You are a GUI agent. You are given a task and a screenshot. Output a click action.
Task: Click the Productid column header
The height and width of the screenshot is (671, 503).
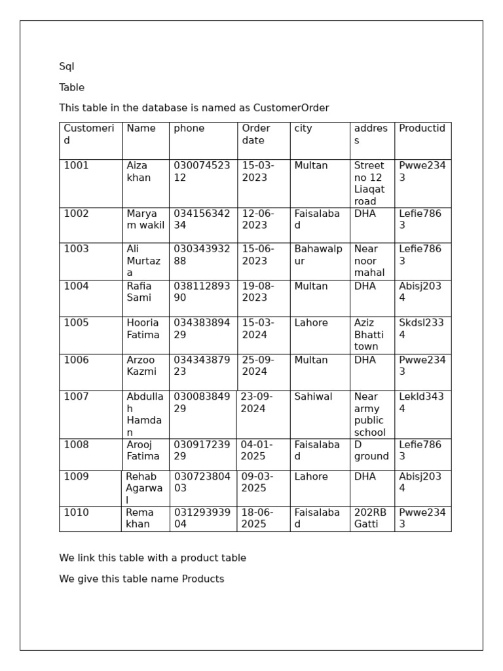pos(422,128)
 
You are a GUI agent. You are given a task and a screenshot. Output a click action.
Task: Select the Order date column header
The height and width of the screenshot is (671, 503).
pos(255,134)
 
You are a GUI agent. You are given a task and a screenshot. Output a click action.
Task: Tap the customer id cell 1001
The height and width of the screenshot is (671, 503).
pos(76,166)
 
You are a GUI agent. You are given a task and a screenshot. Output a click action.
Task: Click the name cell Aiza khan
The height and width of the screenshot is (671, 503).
pos(138,172)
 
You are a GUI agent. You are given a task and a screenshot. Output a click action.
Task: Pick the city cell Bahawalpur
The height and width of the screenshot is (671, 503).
pos(318,255)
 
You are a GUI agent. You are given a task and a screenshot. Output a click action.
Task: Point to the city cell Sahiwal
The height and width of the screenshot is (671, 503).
pos(313,397)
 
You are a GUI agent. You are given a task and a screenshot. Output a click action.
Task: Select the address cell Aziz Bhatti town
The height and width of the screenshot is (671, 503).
pos(369,335)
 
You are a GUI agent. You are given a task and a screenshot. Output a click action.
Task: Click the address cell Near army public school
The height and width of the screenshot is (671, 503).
pos(370,415)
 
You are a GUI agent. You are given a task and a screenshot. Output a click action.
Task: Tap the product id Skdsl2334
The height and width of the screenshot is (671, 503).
pos(421,329)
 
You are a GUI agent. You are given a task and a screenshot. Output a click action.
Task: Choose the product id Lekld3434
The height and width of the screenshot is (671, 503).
pos(421,403)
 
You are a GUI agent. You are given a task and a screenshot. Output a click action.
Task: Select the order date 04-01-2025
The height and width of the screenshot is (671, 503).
pos(257,451)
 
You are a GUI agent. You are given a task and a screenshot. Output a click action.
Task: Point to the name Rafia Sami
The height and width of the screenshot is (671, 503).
pos(139,292)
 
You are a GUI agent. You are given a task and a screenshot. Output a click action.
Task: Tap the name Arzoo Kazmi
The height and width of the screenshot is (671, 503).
pos(141,366)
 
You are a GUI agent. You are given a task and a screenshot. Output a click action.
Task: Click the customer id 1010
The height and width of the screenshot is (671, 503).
pos(76,513)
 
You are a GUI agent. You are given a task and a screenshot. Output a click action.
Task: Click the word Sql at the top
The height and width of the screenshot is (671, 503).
pos(67,67)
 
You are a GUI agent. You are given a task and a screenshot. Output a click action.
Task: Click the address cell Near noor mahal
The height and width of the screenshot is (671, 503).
pos(369,261)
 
